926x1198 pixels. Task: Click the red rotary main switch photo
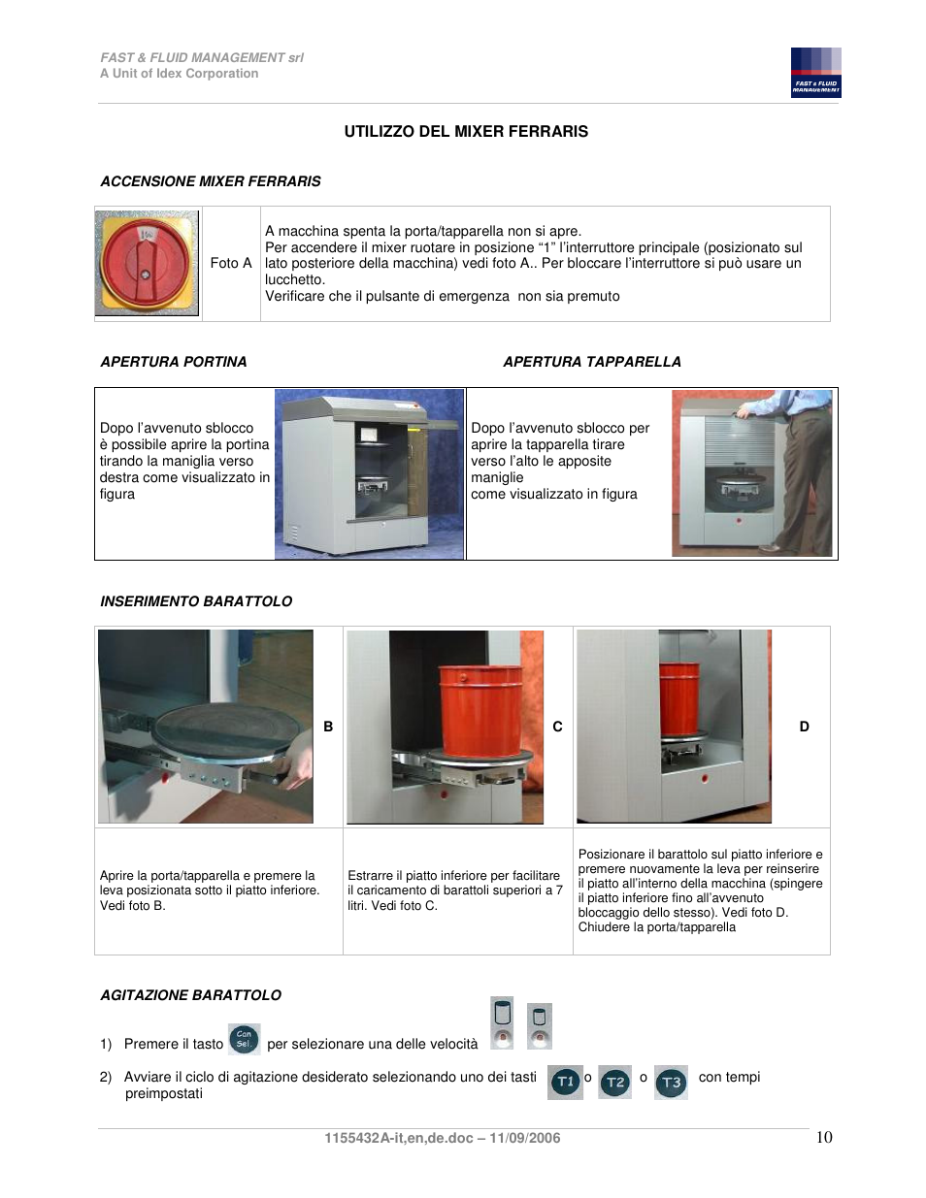point(147,263)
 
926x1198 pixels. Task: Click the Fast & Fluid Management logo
point(815,73)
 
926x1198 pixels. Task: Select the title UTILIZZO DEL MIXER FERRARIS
point(466,132)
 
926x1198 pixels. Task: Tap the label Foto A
point(230,263)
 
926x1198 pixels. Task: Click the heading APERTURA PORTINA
point(174,362)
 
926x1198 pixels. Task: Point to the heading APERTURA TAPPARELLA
point(591,362)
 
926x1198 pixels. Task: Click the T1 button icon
point(565,1082)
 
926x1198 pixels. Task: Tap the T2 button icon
point(615,1082)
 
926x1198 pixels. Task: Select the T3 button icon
point(671,1082)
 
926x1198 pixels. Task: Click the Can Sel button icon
point(244,1039)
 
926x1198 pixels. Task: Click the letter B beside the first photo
point(328,727)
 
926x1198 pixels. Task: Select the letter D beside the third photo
point(804,727)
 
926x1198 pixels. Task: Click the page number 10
point(824,1138)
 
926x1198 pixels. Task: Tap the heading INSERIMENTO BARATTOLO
point(196,601)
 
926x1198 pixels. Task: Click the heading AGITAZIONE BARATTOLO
point(190,995)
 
